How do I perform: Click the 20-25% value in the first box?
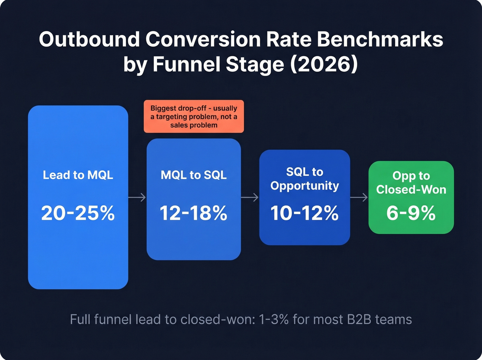(78, 213)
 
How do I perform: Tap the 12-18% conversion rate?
(193, 213)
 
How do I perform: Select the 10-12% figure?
(304, 213)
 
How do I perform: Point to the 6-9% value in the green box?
(411, 213)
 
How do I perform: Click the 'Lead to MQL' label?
(78, 175)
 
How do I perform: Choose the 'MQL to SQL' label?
(193, 175)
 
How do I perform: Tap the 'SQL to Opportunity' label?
(304, 179)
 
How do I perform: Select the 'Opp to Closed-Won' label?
(411, 183)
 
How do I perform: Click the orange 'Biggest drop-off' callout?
(193, 116)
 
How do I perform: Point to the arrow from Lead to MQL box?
(137, 197)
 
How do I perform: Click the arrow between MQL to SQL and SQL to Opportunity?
(250, 197)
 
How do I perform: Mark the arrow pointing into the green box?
(359, 197)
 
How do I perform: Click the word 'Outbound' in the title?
(89, 39)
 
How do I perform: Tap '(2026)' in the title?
(324, 64)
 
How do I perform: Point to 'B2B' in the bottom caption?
(359, 319)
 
